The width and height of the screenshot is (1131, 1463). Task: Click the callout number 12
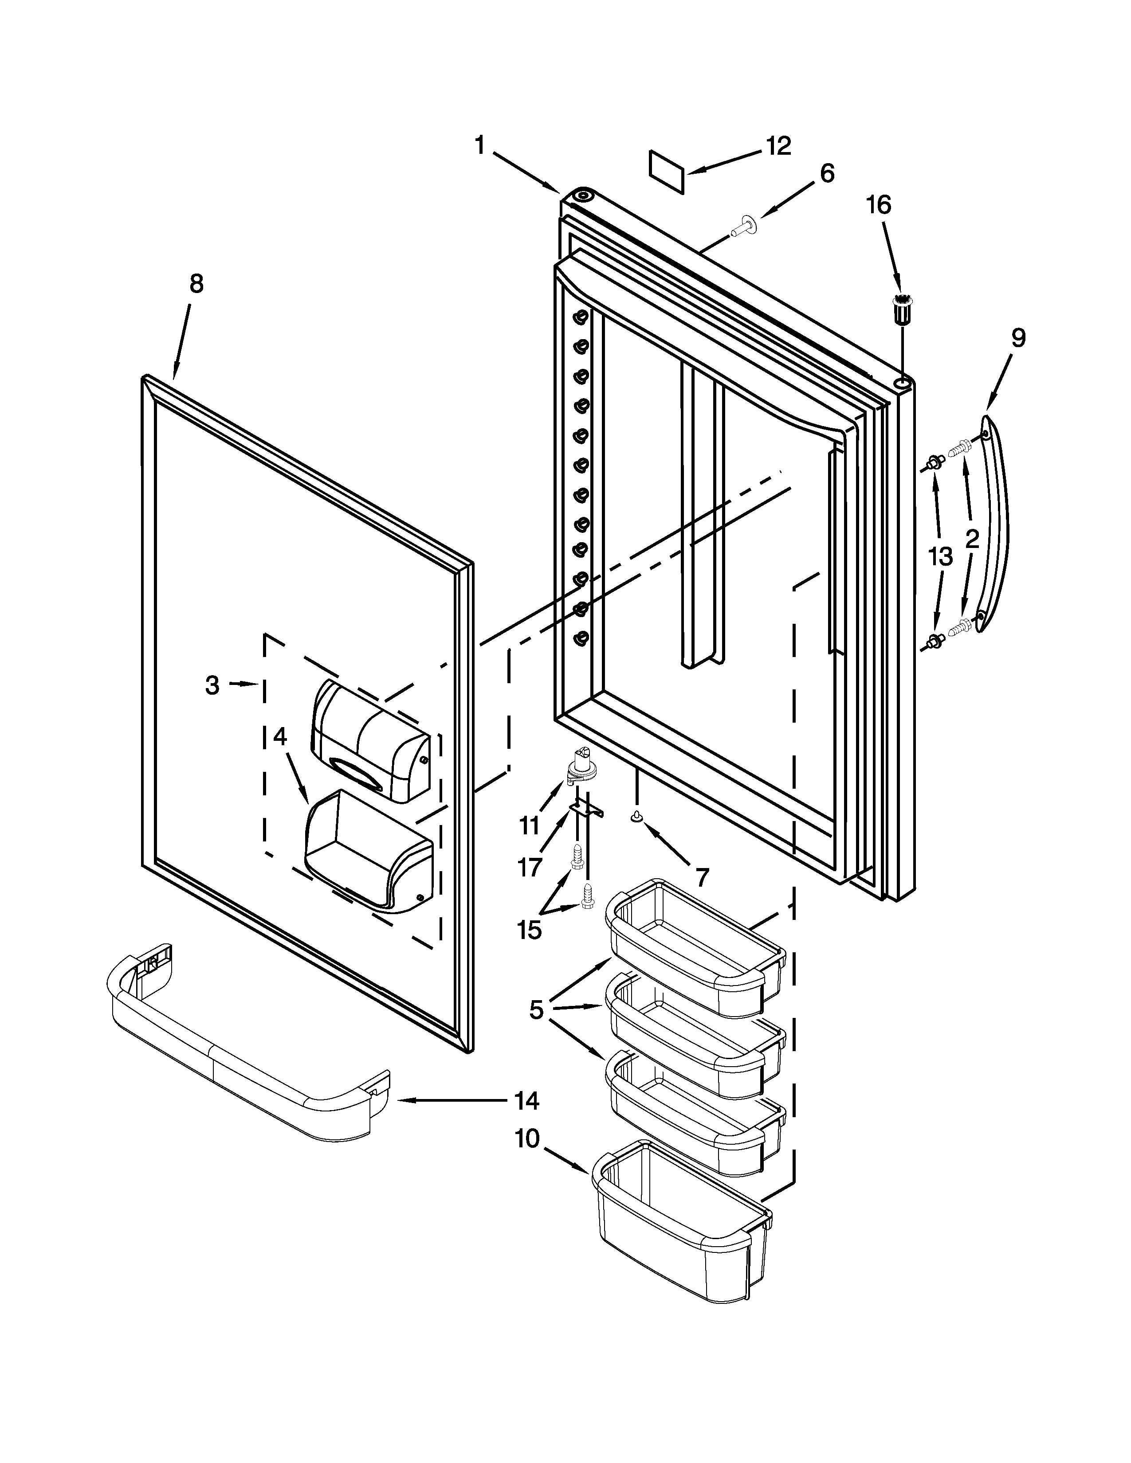click(x=778, y=145)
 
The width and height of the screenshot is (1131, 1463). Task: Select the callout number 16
click(x=878, y=204)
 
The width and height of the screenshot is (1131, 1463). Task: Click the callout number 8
click(x=196, y=284)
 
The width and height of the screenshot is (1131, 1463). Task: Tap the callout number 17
click(x=529, y=868)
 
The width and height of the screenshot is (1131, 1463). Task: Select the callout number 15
click(x=529, y=929)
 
